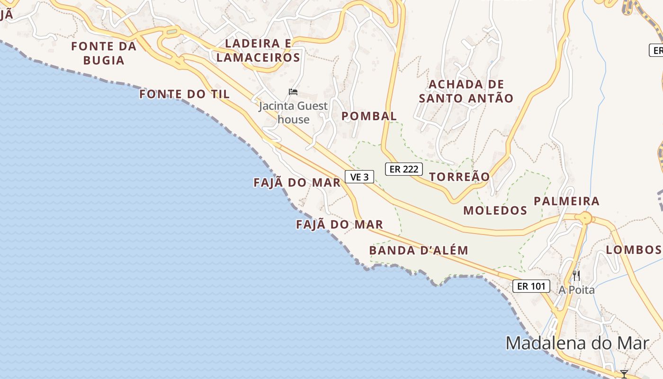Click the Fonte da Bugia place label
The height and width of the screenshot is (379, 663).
tap(104, 53)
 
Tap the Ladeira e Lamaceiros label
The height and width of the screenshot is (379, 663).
tap(258, 50)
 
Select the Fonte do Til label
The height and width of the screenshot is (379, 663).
tap(185, 94)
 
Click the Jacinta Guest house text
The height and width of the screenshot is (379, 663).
tap(293, 113)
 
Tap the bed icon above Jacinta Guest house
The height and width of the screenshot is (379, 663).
tap(293, 91)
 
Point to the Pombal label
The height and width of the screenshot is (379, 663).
tap(369, 116)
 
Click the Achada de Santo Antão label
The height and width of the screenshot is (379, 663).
tap(466, 91)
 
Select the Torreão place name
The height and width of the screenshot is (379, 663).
tap(459, 177)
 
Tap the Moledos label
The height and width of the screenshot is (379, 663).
tap(495, 210)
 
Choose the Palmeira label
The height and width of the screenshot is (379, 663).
tap(566, 201)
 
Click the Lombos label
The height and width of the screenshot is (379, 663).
tap(633, 250)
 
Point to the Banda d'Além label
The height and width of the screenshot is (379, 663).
tap(419, 250)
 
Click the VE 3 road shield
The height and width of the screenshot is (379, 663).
tap(359, 177)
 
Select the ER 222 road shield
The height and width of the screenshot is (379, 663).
tap(403, 169)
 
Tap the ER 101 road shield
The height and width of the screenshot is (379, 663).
tap(531, 286)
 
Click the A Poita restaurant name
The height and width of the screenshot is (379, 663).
tap(576, 290)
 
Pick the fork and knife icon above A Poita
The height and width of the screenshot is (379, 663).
tap(576, 275)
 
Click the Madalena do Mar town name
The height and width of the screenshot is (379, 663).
tap(577, 343)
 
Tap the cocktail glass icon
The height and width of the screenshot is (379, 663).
tap(624, 374)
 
